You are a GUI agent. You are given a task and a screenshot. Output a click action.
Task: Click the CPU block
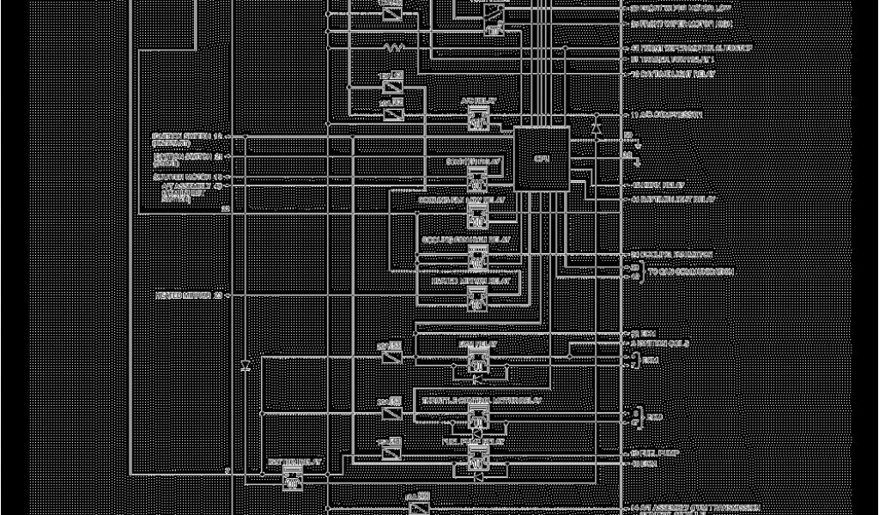tap(541, 159)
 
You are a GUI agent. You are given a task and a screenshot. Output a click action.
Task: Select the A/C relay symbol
tap(478, 121)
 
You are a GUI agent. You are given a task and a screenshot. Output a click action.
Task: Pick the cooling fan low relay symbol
tap(477, 218)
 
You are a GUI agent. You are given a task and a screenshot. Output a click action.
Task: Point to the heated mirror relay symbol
tap(477, 298)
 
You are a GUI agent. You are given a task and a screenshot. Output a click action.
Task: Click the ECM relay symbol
tap(477, 364)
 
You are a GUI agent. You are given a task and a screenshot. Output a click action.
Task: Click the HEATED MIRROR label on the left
tap(184, 295)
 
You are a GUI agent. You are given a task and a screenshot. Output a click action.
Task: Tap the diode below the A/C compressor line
tap(596, 127)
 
